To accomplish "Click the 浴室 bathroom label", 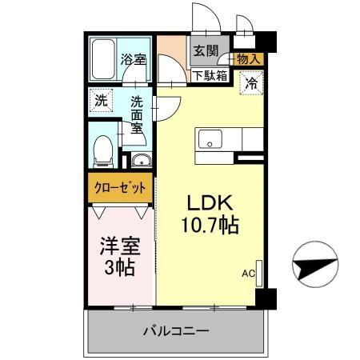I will [133, 59].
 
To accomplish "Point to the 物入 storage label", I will [249, 59].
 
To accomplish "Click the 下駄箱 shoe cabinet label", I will [209, 77].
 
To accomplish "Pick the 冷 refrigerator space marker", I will [251, 82].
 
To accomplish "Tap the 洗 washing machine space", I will [100, 101].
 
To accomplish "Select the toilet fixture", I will [102, 150].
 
